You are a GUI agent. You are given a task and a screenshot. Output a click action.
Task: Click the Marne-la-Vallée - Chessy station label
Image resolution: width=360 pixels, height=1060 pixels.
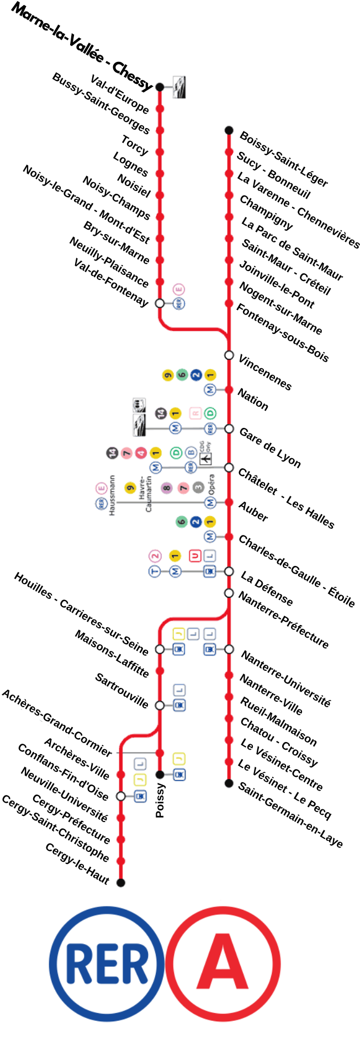[82, 47]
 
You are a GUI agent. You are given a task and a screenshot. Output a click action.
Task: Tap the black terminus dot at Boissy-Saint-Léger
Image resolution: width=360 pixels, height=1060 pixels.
[229, 130]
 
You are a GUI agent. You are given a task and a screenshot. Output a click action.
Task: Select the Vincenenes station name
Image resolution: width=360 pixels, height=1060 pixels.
[264, 373]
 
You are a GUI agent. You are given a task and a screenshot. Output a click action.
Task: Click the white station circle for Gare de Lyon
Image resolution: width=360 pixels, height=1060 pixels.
[229, 429]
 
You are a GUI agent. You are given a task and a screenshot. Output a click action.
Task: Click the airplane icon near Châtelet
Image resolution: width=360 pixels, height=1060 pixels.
[205, 458]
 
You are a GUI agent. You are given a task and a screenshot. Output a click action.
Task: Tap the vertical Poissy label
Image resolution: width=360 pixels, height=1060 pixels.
[160, 800]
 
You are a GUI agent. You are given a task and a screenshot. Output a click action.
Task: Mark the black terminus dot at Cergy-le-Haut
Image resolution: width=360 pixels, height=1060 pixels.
[121, 882]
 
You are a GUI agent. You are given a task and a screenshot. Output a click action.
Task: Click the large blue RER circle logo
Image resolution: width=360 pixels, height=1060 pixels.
[107, 963]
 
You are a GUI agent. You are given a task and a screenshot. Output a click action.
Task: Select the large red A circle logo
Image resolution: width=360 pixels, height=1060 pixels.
[223, 963]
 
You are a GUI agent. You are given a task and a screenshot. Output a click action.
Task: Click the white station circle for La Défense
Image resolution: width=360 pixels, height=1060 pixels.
[229, 571]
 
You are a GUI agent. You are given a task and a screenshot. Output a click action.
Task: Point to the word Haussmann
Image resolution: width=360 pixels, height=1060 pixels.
[112, 495]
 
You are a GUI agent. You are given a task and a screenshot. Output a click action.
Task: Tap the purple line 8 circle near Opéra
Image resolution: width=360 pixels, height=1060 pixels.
[166, 487]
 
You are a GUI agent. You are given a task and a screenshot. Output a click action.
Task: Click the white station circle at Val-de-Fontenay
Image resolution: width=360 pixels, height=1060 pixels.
[160, 303]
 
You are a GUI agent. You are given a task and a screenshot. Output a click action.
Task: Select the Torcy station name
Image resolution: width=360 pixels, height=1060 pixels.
[135, 145]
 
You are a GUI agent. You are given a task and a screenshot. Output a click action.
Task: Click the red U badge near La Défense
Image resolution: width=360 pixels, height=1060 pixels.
[195, 555]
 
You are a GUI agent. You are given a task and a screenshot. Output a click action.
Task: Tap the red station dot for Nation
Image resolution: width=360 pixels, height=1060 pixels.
[229, 390]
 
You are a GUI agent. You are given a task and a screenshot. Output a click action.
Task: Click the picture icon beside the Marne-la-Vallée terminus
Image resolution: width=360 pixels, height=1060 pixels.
[179, 87]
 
